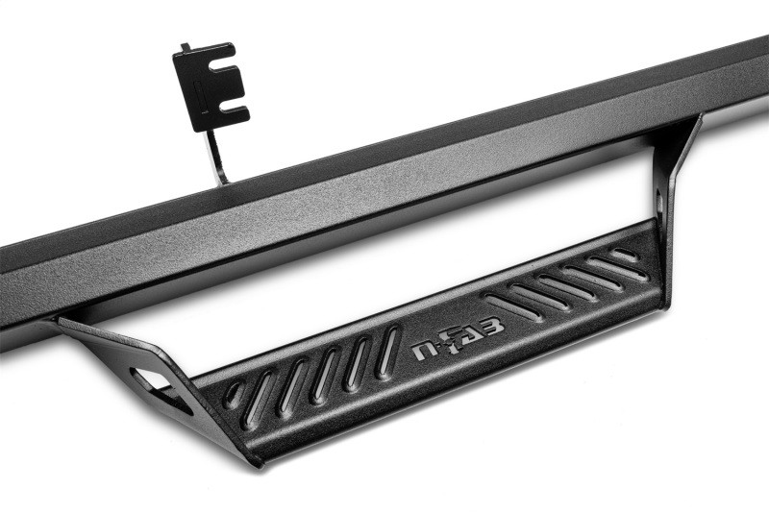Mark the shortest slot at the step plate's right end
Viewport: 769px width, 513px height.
(x=624, y=255)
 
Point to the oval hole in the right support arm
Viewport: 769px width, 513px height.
(x=662, y=206)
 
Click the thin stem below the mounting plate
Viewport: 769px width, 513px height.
(x=217, y=153)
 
